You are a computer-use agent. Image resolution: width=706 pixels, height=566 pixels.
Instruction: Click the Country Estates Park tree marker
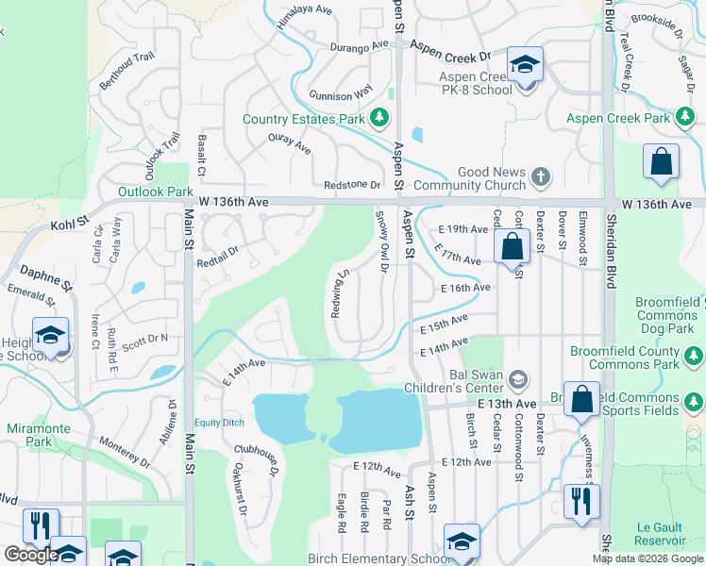[378, 119]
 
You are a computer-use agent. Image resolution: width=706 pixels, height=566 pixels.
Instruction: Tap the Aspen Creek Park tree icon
[686, 119]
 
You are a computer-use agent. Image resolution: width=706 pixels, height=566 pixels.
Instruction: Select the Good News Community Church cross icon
[540, 176]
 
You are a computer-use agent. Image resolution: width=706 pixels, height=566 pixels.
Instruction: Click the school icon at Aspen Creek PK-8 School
[525, 66]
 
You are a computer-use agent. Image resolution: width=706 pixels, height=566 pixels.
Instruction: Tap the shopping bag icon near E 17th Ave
[512, 249]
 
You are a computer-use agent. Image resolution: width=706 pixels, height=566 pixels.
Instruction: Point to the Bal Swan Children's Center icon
[516, 379]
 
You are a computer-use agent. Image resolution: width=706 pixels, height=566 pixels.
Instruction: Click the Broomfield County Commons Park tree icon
[694, 356]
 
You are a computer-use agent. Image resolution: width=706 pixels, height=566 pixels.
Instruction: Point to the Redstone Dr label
[351, 186]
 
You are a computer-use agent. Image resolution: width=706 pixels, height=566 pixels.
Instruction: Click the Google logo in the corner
[31, 555]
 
